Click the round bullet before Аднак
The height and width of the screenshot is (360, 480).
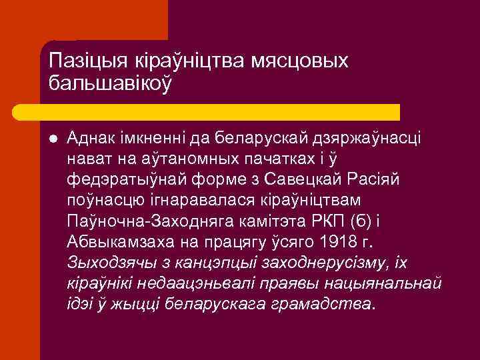click(x=53, y=138)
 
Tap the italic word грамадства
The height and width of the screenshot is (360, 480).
click(x=319, y=304)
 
